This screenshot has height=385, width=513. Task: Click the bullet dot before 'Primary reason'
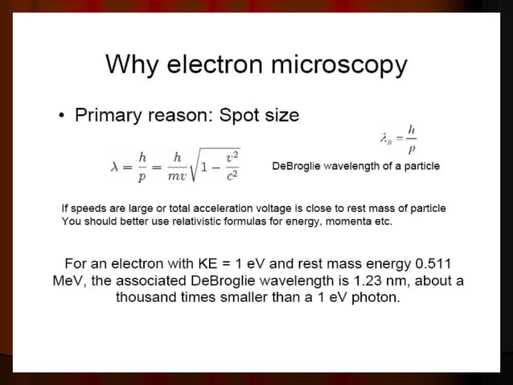(62, 116)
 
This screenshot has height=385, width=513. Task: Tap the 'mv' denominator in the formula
(175, 175)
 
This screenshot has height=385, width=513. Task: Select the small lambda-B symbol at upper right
(388, 139)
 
